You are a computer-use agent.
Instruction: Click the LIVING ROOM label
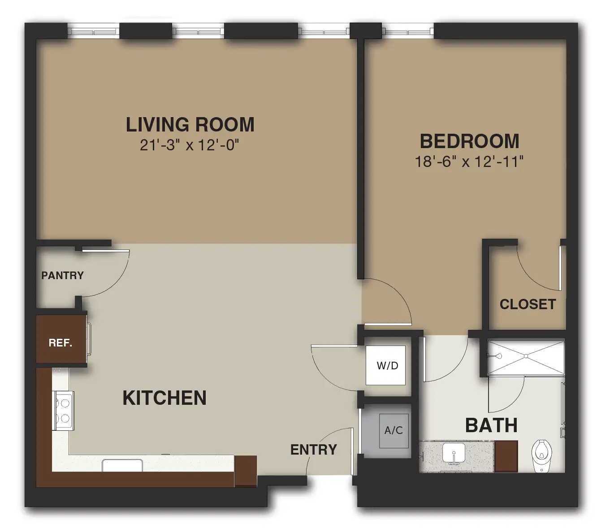click(190, 124)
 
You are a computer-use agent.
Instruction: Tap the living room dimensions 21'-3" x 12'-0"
click(189, 145)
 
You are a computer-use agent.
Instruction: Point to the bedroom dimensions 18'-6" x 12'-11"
click(469, 162)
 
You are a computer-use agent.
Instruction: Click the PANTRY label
click(63, 276)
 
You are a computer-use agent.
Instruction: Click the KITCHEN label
click(164, 398)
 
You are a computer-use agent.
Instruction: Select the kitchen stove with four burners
click(63, 410)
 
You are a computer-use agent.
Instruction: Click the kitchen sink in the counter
click(122, 465)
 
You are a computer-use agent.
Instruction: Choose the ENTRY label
click(314, 450)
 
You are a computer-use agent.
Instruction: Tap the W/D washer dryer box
click(385, 365)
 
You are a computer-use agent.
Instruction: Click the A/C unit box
click(394, 431)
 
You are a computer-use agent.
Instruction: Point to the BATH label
click(491, 425)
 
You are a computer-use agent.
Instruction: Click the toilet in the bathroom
click(542, 456)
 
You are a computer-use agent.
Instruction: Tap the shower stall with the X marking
click(526, 357)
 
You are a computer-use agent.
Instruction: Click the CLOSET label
click(528, 304)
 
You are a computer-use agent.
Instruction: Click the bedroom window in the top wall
click(408, 31)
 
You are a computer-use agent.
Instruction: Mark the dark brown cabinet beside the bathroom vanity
click(506, 456)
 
